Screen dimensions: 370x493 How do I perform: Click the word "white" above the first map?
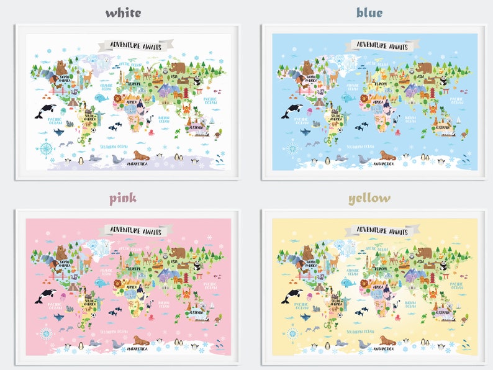coord(123,12)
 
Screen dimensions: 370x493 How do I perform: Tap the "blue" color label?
coord(369,12)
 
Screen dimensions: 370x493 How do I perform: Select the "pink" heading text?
coord(123,198)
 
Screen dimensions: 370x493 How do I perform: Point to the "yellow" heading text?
coord(369,198)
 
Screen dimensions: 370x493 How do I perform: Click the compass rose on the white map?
coord(46,148)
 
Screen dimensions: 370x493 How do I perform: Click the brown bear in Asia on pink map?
coord(179,253)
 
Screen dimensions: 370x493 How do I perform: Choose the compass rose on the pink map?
coord(46,333)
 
